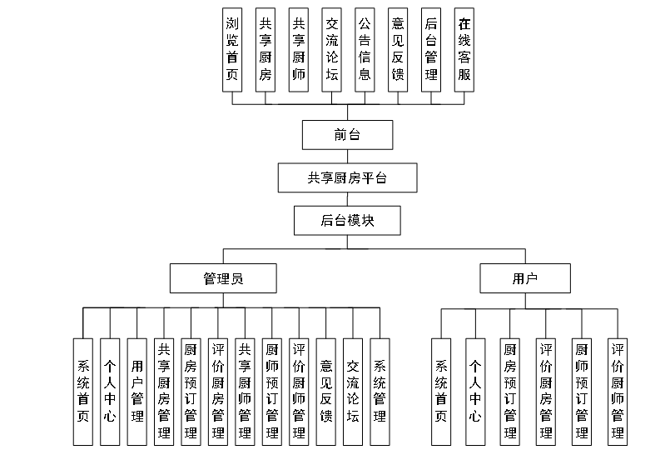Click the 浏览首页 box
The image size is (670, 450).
coord(233,49)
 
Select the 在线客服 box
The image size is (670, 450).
coord(464,49)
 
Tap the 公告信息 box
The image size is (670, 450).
coord(365,49)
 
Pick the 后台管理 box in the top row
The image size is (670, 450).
coord(431,49)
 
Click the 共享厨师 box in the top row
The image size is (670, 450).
coord(299,49)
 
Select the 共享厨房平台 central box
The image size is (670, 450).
coord(347,177)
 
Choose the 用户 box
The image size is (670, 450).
coord(525,278)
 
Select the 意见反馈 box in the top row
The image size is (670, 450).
coord(398,49)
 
